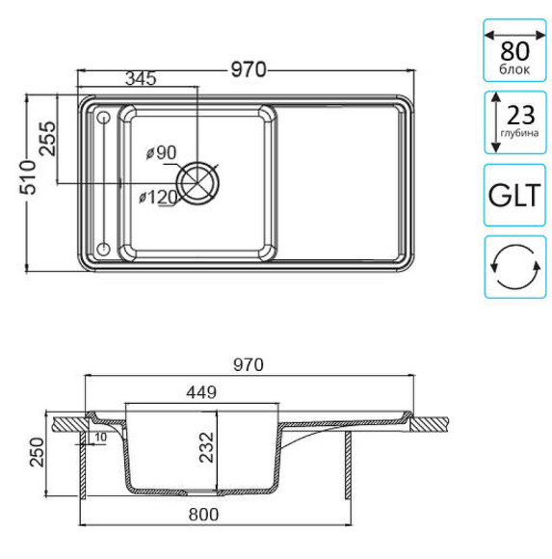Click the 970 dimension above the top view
248,68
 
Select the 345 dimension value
141,80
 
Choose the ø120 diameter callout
157,197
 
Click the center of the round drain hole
199,184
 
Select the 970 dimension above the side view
248,365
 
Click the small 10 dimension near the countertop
100,438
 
